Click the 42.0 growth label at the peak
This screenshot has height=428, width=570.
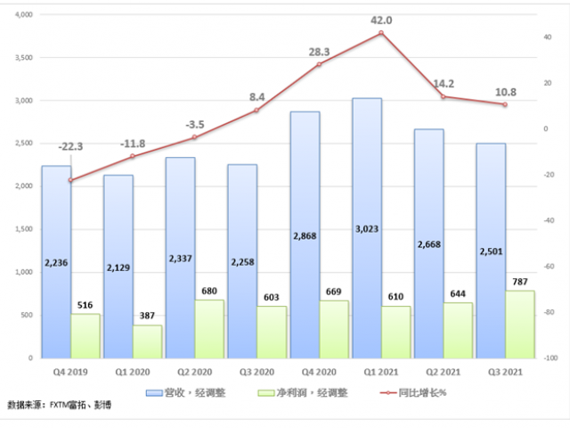point(381,19)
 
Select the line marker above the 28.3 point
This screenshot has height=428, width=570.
point(319,64)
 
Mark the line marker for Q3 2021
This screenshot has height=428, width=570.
point(505,104)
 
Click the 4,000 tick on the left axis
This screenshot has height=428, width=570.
point(22,15)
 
